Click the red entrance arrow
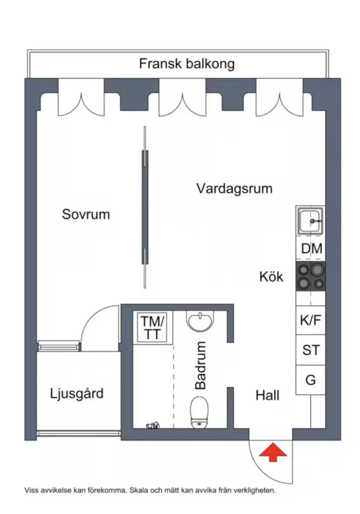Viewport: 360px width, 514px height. pos(273,452)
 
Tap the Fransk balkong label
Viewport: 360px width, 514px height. pos(187,64)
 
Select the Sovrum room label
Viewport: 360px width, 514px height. pos(86,214)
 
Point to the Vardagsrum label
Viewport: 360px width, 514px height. pos(234,188)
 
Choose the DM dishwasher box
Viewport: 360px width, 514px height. pos(311,249)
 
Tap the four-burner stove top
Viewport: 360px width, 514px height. pos(311,276)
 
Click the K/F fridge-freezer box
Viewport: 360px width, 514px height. pos(311,320)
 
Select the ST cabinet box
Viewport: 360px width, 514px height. pos(311,350)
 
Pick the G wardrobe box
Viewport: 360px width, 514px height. pos(311,380)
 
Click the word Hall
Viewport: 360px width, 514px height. pos(267,396)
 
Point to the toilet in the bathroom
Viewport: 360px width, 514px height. pos(200,412)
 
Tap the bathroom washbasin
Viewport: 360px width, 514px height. pos(200,320)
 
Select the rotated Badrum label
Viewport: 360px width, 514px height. pos(201,365)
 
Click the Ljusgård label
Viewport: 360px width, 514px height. pos(77,394)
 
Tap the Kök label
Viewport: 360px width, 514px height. pos(271,277)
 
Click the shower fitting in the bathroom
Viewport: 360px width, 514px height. pos(153,425)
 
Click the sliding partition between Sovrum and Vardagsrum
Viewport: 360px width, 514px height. pos(145,207)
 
